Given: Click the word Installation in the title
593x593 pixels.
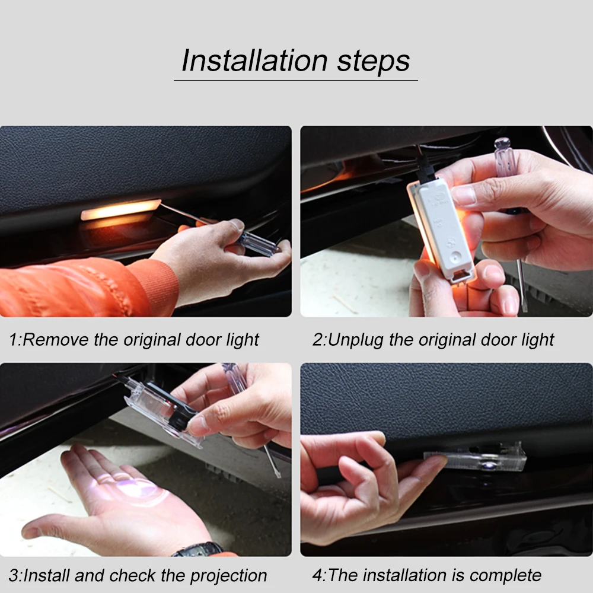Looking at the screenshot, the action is [x=254, y=60].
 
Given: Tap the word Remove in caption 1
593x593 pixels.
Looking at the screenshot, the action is [x=56, y=340].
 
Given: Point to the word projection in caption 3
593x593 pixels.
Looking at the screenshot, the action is [x=228, y=576].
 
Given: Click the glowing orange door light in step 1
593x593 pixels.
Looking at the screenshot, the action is [x=120, y=209].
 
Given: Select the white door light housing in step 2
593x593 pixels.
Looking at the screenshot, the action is [x=441, y=228].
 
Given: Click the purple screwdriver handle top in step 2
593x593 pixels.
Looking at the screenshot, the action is [x=503, y=151].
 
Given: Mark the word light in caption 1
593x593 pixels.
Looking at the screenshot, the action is [x=243, y=340].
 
